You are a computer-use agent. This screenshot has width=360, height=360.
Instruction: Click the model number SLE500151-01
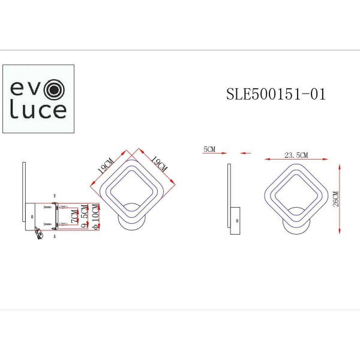pos(275,94)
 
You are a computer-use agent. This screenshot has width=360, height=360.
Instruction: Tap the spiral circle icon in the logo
pos(55,91)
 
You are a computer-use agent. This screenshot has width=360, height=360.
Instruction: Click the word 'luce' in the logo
pos(38,110)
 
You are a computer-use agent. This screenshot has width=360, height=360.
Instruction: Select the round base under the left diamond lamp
pos(131,220)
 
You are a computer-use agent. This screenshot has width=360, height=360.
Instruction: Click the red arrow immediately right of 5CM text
pos(245,153)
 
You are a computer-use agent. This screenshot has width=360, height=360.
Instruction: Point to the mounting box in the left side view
pos(32,217)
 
